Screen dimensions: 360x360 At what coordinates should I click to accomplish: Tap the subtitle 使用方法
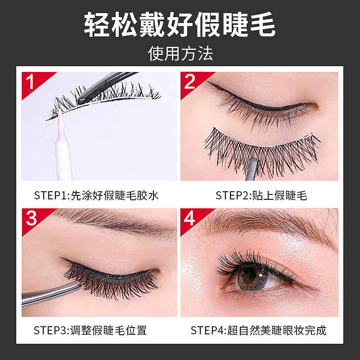180,54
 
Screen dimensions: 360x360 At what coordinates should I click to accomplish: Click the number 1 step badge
31,82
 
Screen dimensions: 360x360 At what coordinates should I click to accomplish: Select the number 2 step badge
190,82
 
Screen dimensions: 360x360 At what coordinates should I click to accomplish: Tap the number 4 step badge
190,219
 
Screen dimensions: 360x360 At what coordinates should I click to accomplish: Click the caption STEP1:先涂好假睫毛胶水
96,195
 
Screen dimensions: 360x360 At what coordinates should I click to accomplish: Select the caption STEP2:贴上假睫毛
261,195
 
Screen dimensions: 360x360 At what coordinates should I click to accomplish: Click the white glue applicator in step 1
62,148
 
